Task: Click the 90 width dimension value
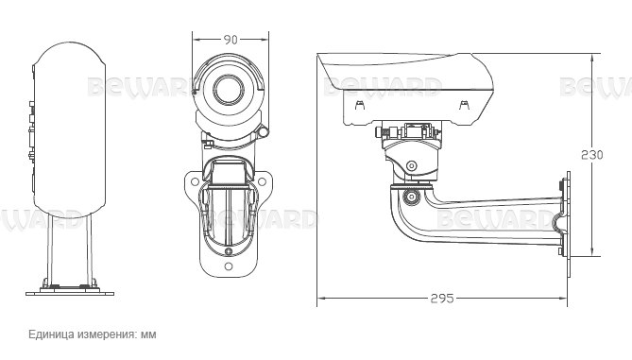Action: (231, 40)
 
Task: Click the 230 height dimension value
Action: (592, 155)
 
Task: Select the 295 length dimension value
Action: (442, 299)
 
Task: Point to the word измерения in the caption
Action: (107, 334)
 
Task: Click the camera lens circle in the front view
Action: (229, 90)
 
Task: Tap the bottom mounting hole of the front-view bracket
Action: (229, 266)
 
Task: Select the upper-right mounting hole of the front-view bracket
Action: (262, 181)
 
